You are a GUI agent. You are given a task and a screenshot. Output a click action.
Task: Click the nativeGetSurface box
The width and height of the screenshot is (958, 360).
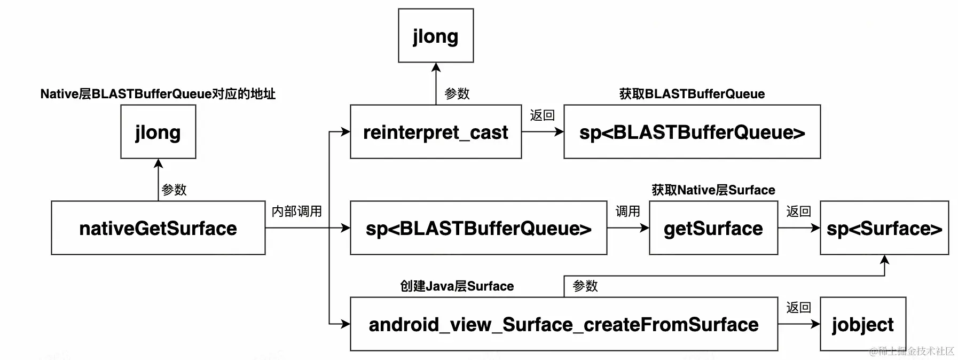(x=158, y=228)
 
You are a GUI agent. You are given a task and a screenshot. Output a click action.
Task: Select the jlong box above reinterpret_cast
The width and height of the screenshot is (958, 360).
(x=436, y=36)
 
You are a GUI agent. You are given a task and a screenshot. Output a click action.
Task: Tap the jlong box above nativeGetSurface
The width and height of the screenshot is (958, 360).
(x=158, y=132)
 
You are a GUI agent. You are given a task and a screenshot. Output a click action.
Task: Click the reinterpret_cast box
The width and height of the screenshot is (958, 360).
(x=436, y=132)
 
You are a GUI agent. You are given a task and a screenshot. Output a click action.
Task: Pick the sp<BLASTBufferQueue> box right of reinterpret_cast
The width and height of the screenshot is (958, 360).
(x=692, y=132)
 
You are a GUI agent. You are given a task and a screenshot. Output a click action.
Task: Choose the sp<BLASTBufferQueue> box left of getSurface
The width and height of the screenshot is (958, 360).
(x=478, y=228)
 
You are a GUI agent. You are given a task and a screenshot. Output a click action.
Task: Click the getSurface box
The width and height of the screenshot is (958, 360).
(x=713, y=228)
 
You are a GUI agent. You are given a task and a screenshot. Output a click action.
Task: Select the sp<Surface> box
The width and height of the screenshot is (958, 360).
(x=884, y=228)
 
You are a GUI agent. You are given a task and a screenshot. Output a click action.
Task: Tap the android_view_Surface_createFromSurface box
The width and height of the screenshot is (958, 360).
(x=564, y=324)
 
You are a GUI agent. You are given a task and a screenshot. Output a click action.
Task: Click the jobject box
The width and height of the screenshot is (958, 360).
(x=863, y=324)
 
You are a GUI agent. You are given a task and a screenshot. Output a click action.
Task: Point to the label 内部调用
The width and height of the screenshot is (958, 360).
(x=297, y=212)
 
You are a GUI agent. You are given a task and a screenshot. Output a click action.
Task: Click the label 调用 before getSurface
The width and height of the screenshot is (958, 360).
(x=628, y=212)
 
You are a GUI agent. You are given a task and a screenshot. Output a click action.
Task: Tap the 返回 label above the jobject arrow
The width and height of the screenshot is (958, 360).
(x=799, y=308)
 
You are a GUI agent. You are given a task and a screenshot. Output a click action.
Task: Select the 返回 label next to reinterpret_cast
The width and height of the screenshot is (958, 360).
(x=543, y=115)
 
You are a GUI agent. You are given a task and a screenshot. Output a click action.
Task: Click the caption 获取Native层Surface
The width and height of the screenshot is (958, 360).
(x=713, y=190)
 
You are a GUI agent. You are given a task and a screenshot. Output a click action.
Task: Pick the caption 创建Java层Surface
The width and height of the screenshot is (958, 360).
(x=457, y=286)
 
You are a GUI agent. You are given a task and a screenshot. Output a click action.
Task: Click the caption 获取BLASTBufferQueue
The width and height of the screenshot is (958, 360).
(x=692, y=94)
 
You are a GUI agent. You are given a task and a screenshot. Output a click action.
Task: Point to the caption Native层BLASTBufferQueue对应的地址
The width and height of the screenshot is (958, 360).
(x=158, y=94)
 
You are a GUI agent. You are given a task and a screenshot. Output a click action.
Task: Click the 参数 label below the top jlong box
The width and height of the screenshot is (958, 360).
(x=457, y=94)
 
